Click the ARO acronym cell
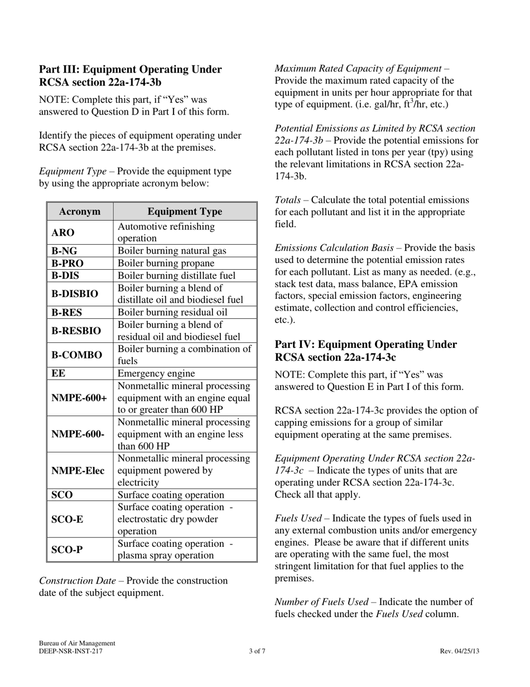(x=63, y=232)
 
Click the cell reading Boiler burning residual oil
(x=172, y=313)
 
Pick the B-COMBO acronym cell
(x=77, y=355)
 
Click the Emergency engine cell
(x=156, y=374)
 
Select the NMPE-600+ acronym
(x=79, y=398)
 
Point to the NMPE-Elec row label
(x=78, y=471)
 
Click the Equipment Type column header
(x=185, y=212)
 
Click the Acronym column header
(x=80, y=212)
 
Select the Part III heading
(x=130, y=75)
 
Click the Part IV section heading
(x=365, y=351)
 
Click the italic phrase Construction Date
(x=77, y=581)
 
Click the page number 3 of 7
(x=257, y=651)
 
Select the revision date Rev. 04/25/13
(x=459, y=651)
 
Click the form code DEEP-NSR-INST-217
(x=71, y=651)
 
